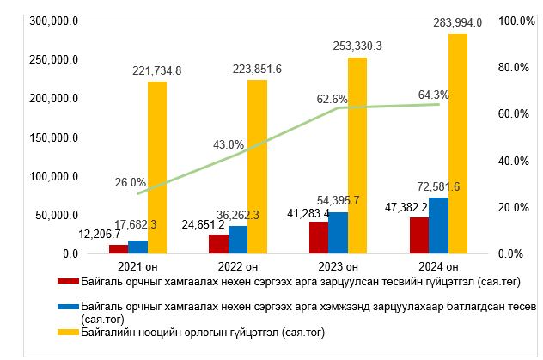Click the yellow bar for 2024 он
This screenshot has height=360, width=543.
click(x=458, y=143)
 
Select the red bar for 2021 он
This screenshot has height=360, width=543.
click(x=118, y=249)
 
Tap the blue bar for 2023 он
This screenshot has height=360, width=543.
click(x=338, y=233)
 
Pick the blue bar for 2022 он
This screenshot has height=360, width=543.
click(x=238, y=240)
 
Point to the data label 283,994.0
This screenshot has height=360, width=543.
click(x=457, y=22)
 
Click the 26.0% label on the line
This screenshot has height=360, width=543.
click(x=130, y=182)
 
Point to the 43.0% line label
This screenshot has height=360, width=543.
click(x=229, y=143)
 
